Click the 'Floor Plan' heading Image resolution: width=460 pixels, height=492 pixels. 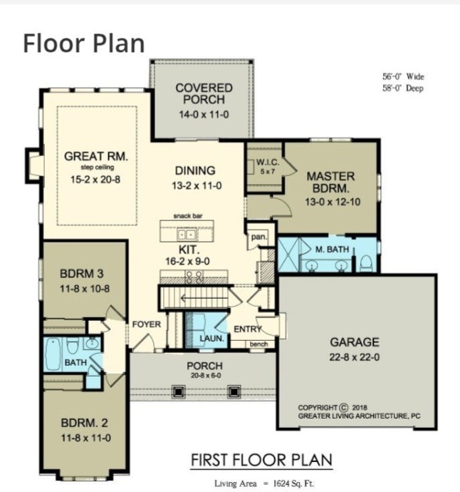[83, 43]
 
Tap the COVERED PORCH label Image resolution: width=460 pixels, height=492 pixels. [204, 93]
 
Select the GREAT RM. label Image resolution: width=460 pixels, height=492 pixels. [91, 155]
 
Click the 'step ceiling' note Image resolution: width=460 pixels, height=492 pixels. [92, 168]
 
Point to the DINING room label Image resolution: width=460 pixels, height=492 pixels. [194, 170]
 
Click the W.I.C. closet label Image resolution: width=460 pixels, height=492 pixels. [267, 162]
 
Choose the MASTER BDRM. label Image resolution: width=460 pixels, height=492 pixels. [330, 183]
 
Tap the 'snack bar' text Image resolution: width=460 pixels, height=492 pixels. [187, 215]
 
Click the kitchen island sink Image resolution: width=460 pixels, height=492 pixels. [187, 233]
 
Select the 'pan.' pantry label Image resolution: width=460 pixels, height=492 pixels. [256, 237]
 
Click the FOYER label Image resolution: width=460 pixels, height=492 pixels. [146, 324]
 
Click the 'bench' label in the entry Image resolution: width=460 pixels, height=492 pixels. [258, 344]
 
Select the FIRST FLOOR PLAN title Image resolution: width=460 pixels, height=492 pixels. [261, 460]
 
